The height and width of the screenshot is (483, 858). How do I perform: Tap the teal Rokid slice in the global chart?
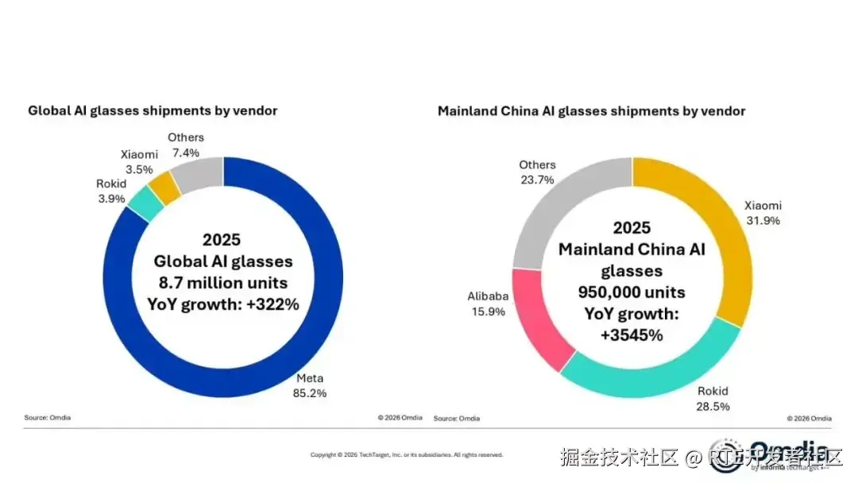145,204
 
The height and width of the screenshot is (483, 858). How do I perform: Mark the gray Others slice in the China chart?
557,207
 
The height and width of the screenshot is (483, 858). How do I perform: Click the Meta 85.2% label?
311,384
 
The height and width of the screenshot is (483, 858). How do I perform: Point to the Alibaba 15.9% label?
487,303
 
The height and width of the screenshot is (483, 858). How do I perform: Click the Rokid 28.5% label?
712,398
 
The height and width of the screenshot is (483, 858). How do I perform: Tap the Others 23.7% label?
537,172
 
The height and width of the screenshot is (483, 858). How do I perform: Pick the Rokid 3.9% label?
110,191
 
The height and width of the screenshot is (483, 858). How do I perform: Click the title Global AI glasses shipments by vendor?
153,111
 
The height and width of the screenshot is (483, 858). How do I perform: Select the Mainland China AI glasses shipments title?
591,111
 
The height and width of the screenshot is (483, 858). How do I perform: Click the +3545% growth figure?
632,334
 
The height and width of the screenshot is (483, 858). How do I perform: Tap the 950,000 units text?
632,292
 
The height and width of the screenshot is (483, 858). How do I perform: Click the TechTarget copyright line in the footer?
406,455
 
